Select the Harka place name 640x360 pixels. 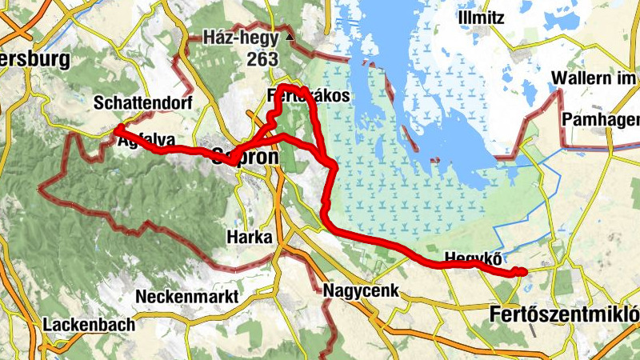point(249,238)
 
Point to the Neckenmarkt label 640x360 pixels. point(187,297)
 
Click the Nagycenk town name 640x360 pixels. point(361,290)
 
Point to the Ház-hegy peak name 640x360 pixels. point(240,38)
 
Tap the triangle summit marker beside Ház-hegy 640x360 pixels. point(290,38)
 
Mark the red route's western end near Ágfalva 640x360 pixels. point(117,129)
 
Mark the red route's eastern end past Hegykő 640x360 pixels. point(523,273)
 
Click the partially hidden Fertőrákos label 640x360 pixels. point(308,97)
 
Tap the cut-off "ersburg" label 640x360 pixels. point(35,59)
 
